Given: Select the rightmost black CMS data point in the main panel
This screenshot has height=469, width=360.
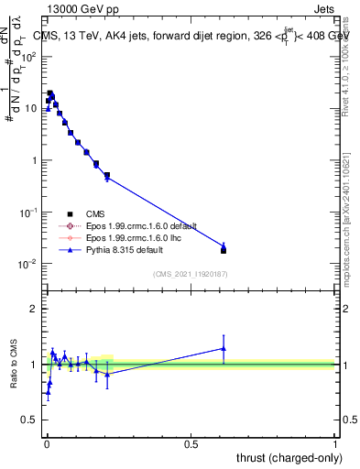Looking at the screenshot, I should [x=224, y=250].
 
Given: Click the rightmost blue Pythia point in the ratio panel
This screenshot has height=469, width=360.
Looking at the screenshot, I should [x=224, y=348].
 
